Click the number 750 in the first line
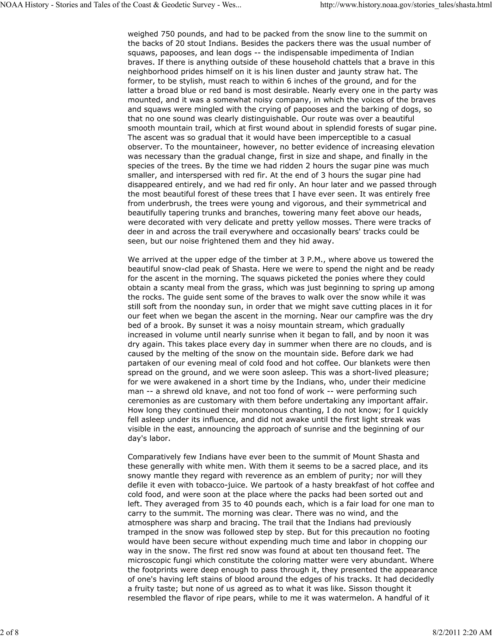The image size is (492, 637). tap(168, 34)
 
